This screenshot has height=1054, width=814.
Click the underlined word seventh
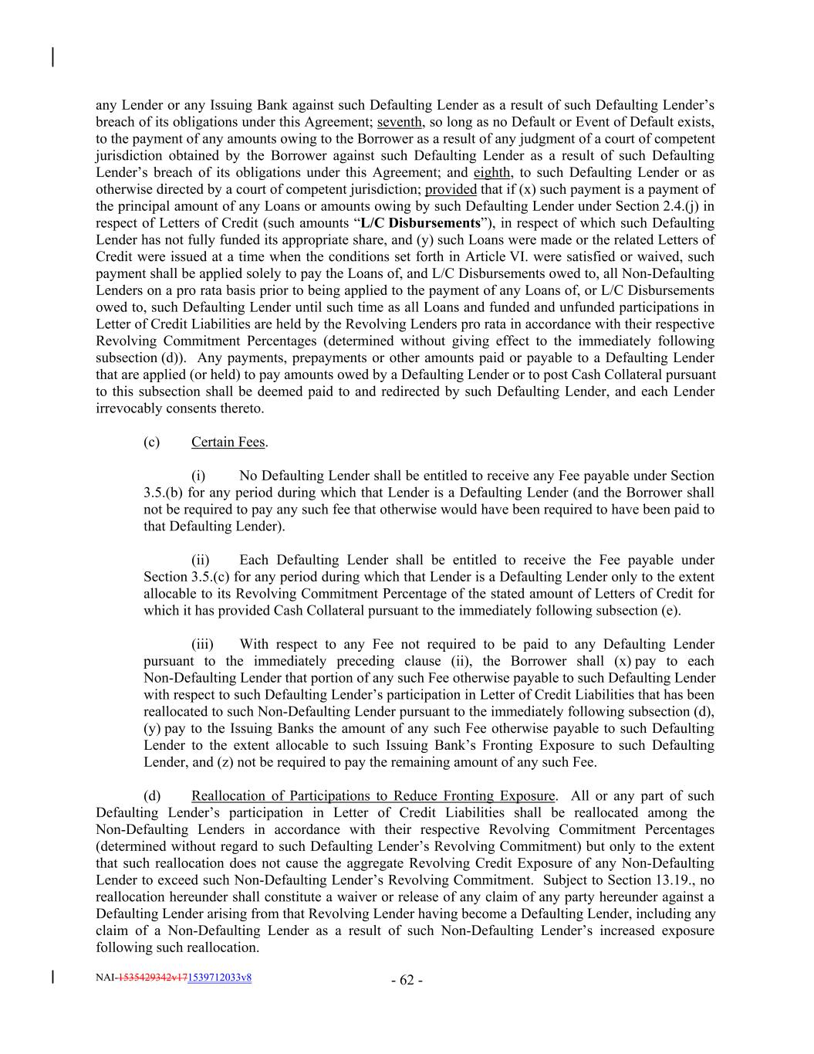pos(399,122)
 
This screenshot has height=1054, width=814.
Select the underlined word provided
pos(451,190)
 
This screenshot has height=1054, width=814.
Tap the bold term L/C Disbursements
pos(420,224)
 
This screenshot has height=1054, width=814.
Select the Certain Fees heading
pos(228,442)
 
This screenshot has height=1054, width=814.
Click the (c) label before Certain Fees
pos(151,442)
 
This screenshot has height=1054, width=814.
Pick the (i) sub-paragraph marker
pos(198,476)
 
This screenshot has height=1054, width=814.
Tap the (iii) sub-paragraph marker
pos(202,645)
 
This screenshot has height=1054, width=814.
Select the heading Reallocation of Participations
pos(373,796)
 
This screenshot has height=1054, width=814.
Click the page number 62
pos(407,981)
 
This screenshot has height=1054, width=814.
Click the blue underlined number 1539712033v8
pos(219,978)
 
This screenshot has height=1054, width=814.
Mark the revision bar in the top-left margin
pos(52,58)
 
